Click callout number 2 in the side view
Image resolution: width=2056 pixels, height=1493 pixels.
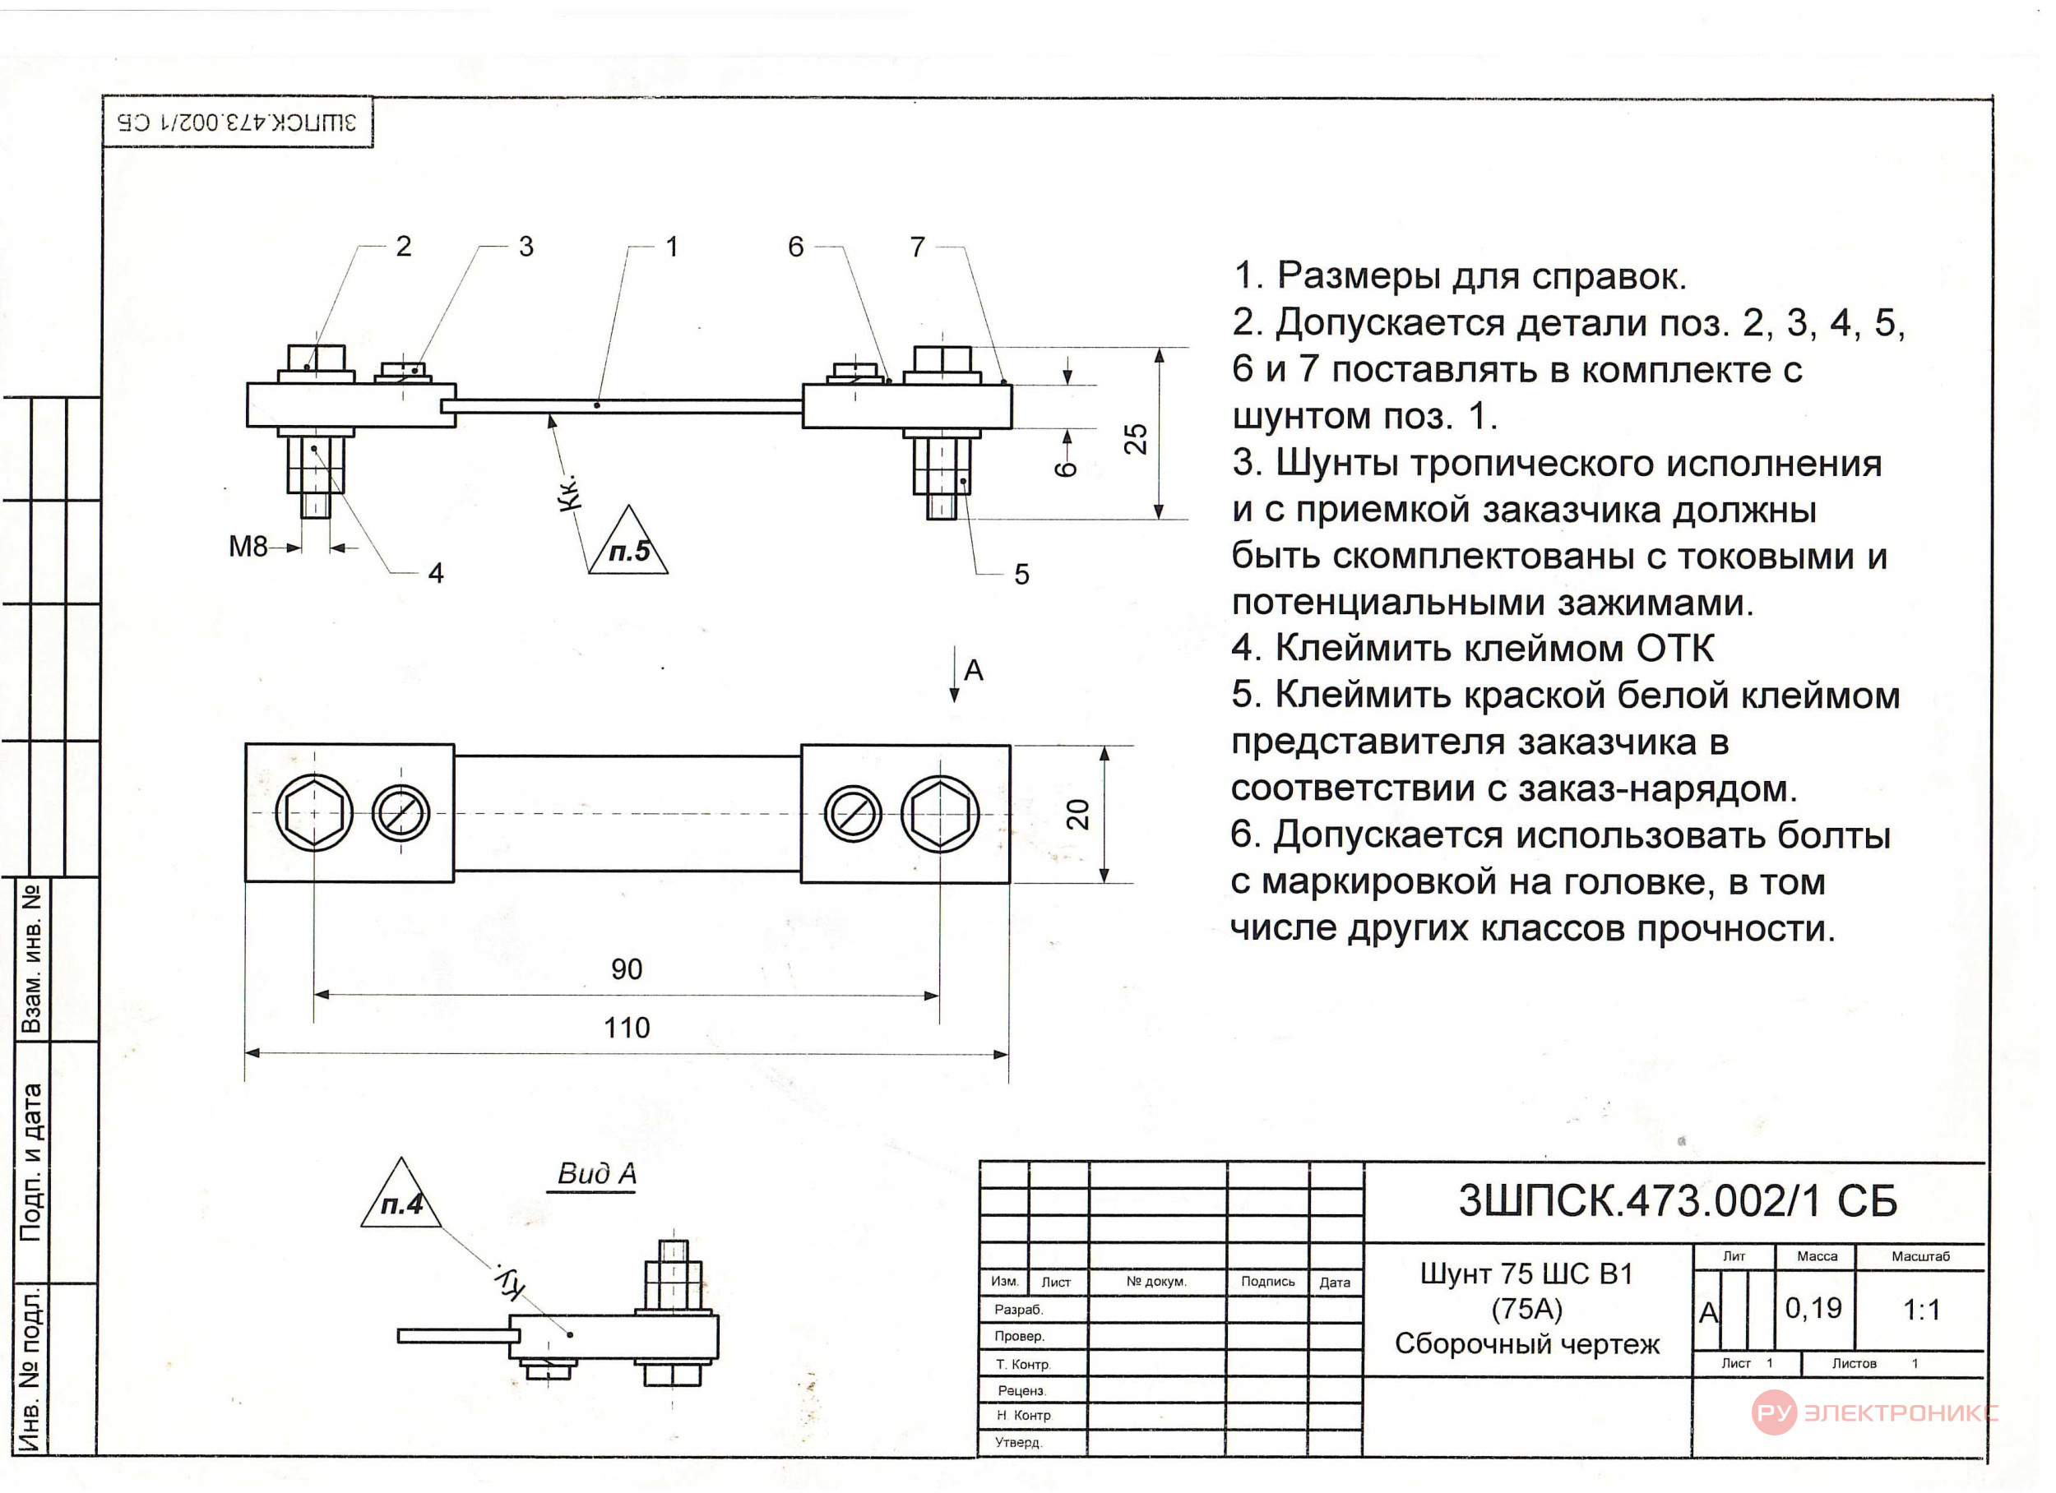pyautogui.click(x=404, y=246)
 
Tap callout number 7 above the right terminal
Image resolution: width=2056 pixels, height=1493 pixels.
pyautogui.click(x=918, y=247)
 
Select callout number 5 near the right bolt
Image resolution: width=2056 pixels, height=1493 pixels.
pyautogui.click(x=1021, y=574)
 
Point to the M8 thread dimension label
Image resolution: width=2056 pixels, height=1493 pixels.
pyautogui.click(x=248, y=547)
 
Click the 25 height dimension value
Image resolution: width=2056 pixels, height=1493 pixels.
pyautogui.click(x=1135, y=439)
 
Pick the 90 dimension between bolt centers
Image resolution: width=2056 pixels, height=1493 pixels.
pyautogui.click(x=627, y=969)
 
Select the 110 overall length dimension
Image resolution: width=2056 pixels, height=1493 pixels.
pyautogui.click(x=627, y=1027)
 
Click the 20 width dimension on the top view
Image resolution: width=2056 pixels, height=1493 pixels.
pyautogui.click(x=1077, y=814)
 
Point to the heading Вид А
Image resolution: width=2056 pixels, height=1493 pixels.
pyautogui.click(x=596, y=1174)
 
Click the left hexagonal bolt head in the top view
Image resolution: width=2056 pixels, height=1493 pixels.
pyautogui.click(x=313, y=813)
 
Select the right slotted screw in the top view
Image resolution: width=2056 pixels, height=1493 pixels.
pyautogui.click(x=852, y=813)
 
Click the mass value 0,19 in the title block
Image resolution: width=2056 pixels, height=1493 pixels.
pyautogui.click(x=1813, y=1308)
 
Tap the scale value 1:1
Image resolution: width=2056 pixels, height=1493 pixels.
pyautogui.click(x=1921, y=1310)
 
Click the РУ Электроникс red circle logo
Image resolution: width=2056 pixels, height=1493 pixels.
pyautogui.click(x=1774, y=1413)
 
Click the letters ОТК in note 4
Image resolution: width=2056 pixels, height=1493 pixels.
pyautogui.click(x=1675, y=649)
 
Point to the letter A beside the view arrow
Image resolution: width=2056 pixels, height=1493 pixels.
pyautogui.click(x=974, y=671)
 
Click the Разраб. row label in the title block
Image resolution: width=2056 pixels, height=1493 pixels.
pyautogui.click(x=1019, y=1310)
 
